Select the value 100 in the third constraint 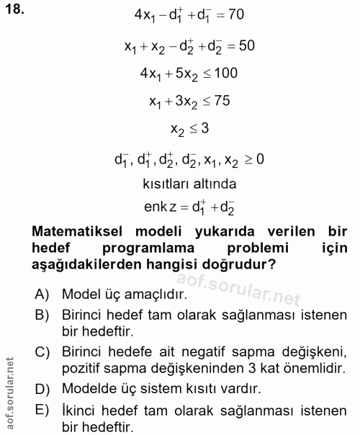pyautogui.click(x=224, y=73)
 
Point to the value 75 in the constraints pyautogui.click(x=222, y=101)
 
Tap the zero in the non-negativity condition pyautogui.click(x=257, y=158)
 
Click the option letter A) pyautogui.click(x=42, y=295)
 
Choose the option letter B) pyautogui.click(x=42, y=315)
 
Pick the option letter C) pyautogui.click(x=42, y=351)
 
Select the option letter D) pyautogui.click(x=42, y=389)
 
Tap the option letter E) pyautogui.click(x=42, y=411)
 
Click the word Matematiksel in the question pyautogui.click(x=78, y=233)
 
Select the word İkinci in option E pyautogui.click(x=80, y=411)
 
